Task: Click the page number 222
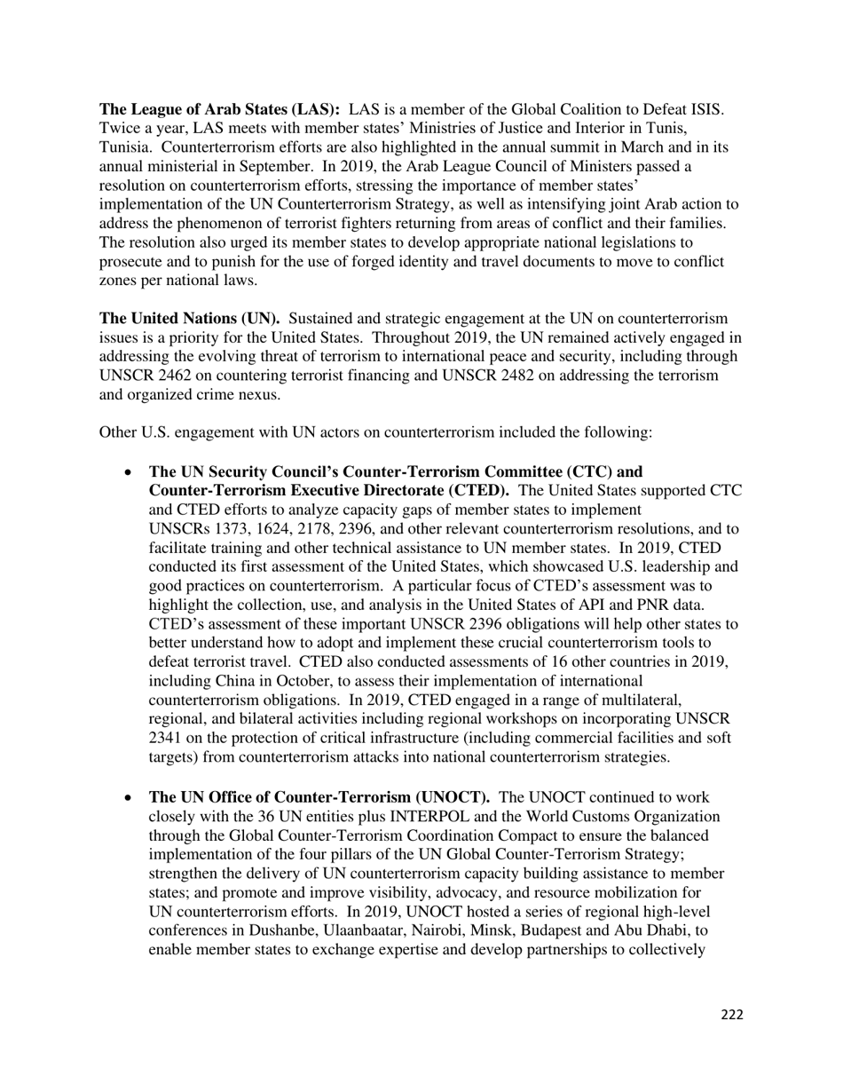coord(731,1015)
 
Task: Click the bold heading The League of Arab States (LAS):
coord(219,110)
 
